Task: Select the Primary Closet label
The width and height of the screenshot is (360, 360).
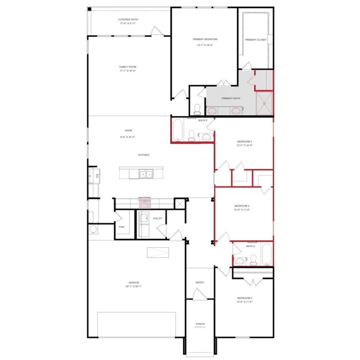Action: [255, 40]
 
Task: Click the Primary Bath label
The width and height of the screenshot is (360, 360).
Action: [231, 98]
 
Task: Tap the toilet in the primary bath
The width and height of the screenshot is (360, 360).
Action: [197, 109]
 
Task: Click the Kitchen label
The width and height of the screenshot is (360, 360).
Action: [143, 155]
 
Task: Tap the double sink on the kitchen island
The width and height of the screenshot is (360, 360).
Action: [145, 174]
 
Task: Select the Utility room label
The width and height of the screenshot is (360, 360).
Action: [157, 218]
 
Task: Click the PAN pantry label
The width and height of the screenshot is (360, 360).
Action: [121, 227]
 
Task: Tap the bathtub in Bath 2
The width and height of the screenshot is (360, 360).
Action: [266, 254]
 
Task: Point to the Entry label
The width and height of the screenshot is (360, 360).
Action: [200, 283]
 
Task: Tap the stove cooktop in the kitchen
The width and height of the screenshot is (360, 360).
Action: [144, 202]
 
